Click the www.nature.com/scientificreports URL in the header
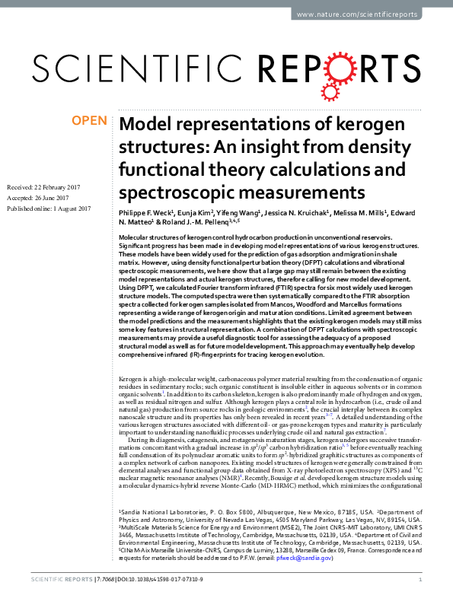tap(368, 14)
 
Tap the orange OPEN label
tap(88, 121)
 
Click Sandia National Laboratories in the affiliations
tap(161, 536)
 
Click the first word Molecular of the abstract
tap(137, 238)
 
